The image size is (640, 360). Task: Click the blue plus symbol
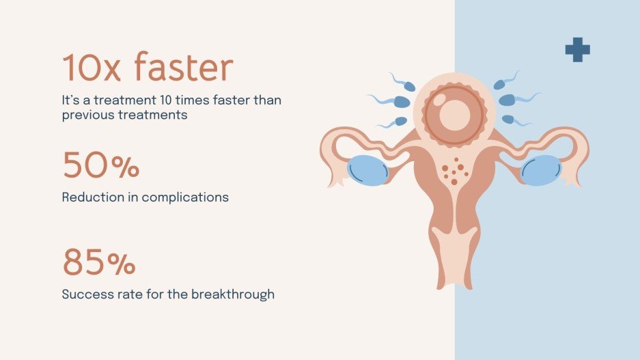pos(577,50)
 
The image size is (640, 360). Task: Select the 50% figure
pos(101,166)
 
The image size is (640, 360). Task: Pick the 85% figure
pos(99,263)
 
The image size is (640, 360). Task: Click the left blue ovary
pos(367,170)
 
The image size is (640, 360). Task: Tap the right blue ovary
pos(541,170)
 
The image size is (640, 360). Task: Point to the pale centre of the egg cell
pos(454,115)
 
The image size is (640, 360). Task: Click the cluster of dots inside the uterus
pos(453,171)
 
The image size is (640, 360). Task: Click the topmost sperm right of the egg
pos(500,84)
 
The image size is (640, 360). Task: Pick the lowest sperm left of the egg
pos(400,122)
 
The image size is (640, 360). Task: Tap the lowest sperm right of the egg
pos(508,120)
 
